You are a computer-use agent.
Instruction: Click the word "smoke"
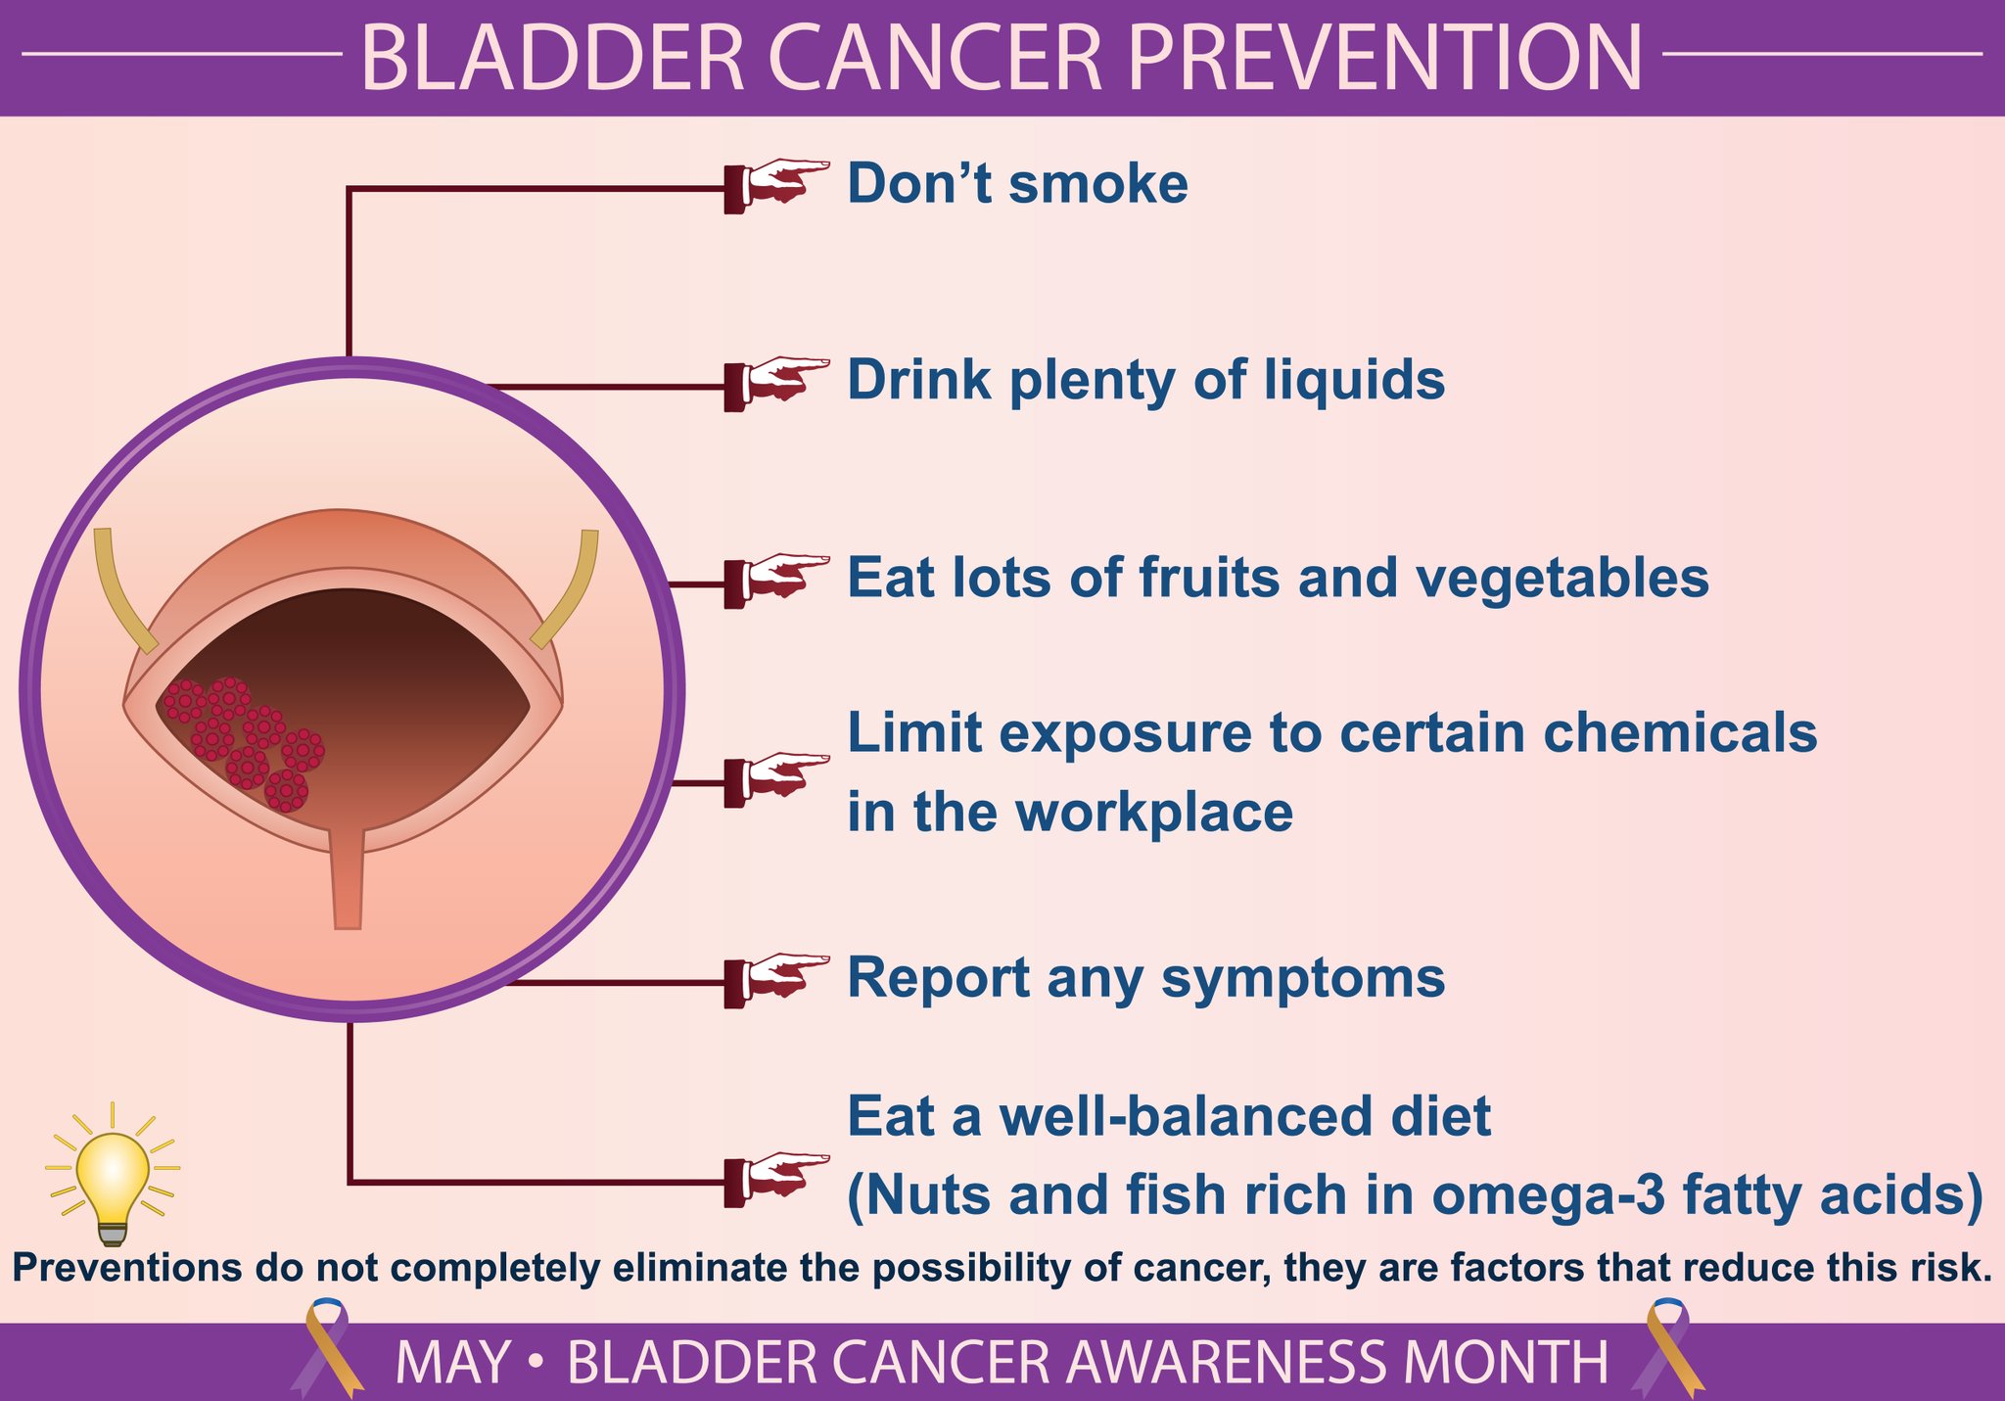(x=1098, y=184)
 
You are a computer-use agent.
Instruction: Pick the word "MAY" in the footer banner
(x=452, y=1362)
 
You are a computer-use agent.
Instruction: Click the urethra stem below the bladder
(x=348, y=877)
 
